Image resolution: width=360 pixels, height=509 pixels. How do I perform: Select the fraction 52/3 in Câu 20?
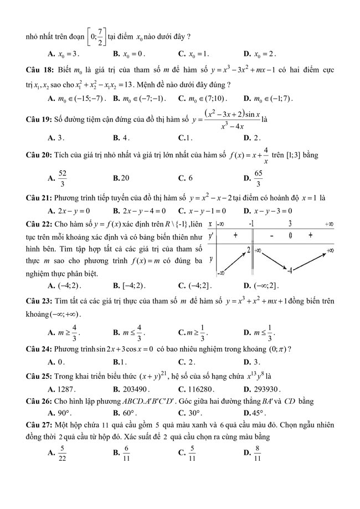point(62,178)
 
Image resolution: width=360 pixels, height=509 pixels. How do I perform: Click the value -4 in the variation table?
point(290,270)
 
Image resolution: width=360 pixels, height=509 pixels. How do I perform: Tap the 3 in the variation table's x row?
point(290,224)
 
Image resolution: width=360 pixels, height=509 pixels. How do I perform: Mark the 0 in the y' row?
point(290,236)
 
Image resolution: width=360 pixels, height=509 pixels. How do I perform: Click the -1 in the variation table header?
point(251,224)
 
